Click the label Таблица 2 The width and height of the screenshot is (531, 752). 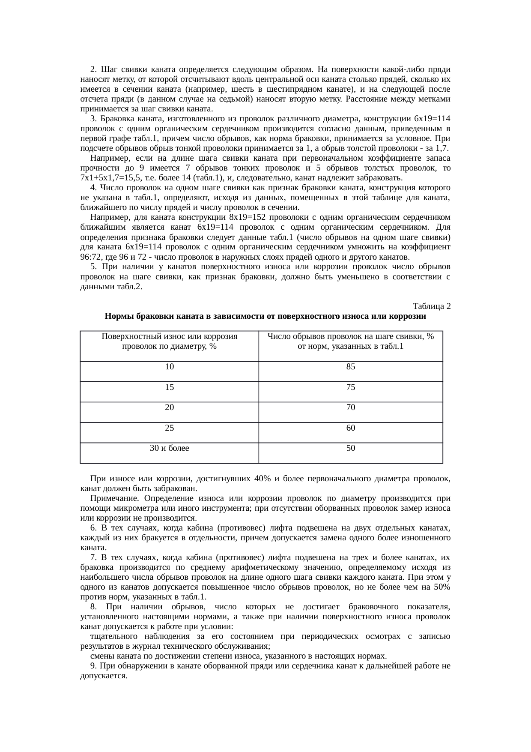click(431, 306)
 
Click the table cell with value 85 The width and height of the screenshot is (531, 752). click(350, 367)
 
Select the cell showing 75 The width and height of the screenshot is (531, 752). click(350, 387)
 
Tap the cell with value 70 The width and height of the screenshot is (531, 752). click(350, 407)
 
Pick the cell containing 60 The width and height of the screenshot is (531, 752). click(350, 428)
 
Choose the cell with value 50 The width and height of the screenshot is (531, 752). click(350, 448)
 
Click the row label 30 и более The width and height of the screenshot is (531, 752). click(169, 448)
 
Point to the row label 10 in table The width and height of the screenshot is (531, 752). click(169, 367)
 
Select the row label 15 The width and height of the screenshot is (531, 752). click(169, 387)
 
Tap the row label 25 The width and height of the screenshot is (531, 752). click(169, 428)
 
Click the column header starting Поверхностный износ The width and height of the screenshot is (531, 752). click(169, 342)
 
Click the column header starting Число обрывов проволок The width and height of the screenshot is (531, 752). click(350, 342)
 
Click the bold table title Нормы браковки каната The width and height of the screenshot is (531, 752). click(265, 317)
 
